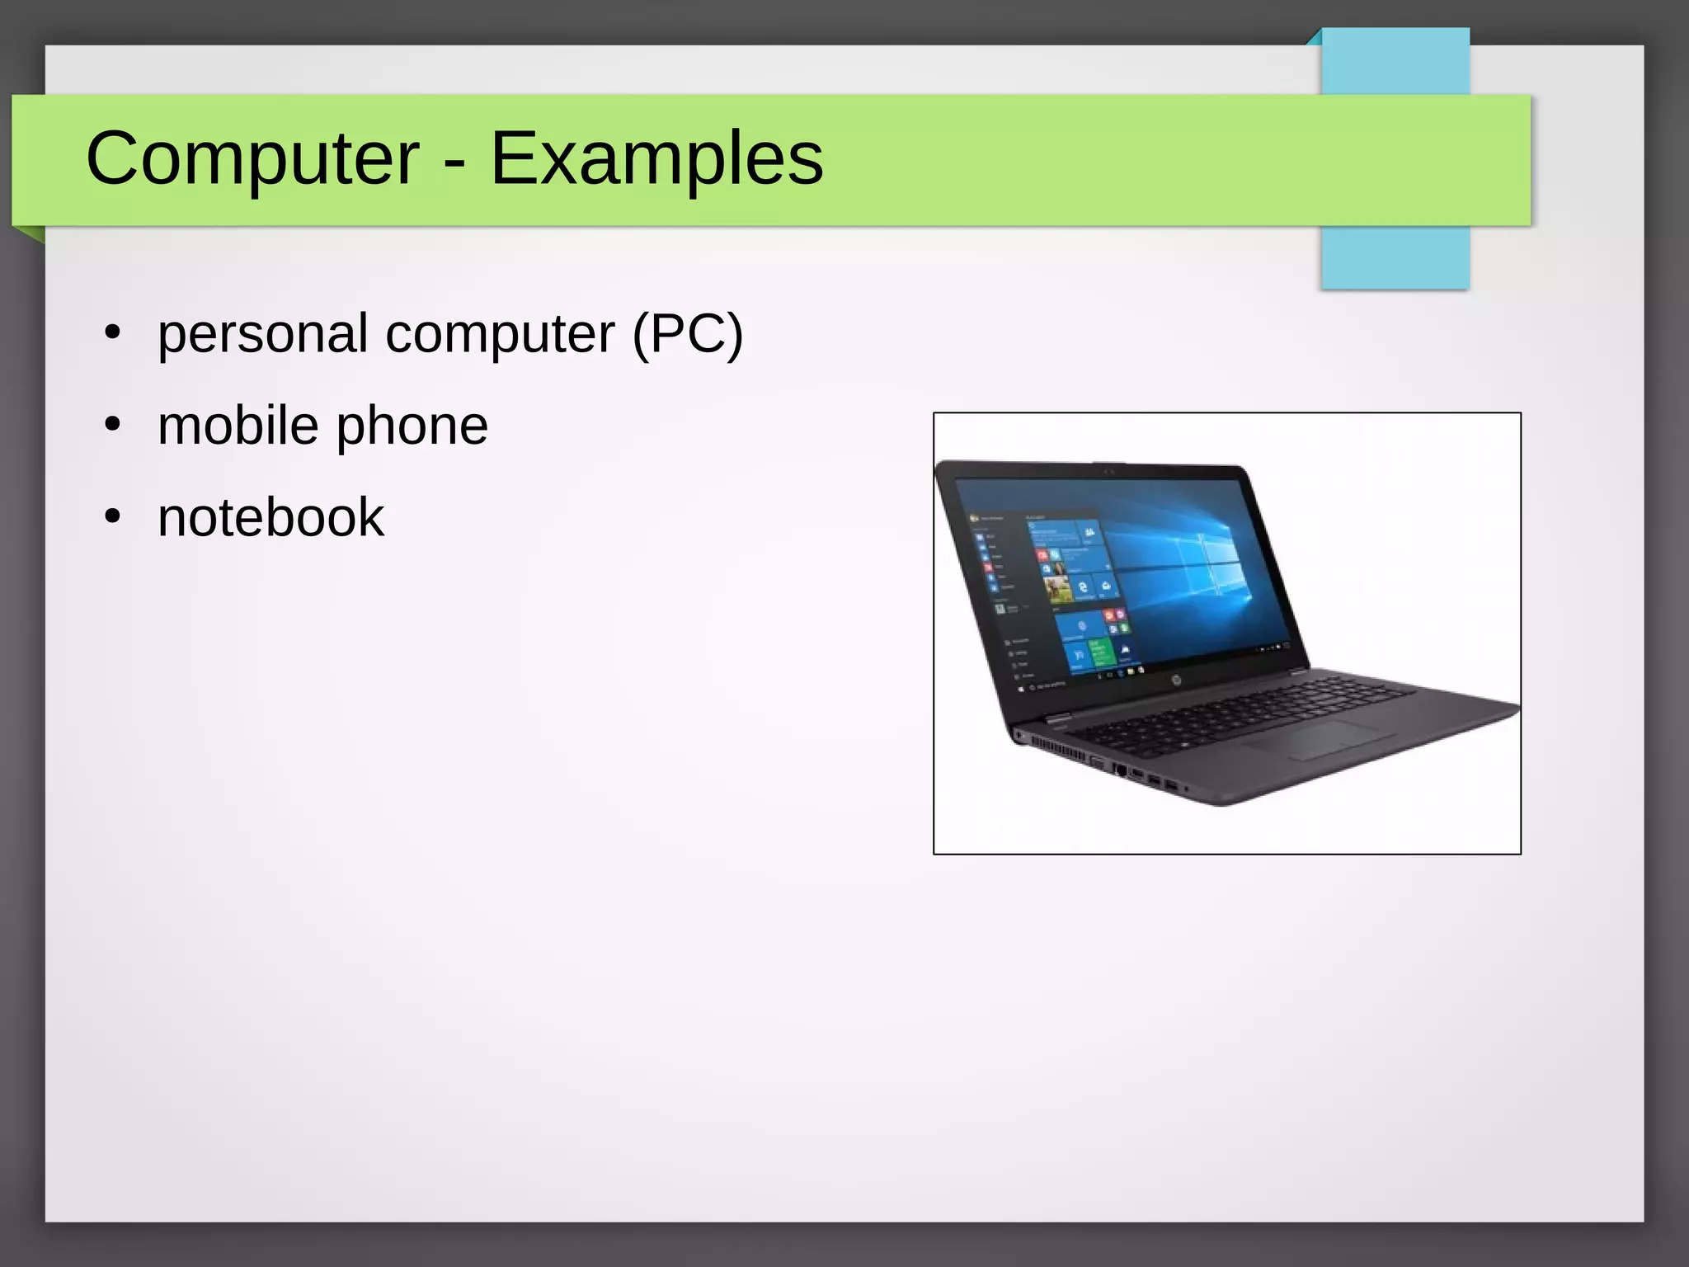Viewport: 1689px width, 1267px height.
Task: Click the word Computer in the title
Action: (x=252, y=158)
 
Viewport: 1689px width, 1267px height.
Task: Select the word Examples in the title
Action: (x=656, y=158)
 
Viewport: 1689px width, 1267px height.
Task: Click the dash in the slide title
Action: (x=454, y=160)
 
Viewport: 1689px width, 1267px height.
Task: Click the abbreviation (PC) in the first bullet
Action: (x=687, y=334)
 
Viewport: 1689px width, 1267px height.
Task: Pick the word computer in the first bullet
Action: (x=500, y=336)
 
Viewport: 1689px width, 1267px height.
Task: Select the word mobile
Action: (x=238, y=426)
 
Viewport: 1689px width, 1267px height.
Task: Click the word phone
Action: (x=412, y=427)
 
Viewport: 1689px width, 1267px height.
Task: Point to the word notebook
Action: (x=271, y=517)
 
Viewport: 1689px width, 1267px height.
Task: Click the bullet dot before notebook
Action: (x=113, y=517)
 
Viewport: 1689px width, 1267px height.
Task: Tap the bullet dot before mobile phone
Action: (x=113, y=426)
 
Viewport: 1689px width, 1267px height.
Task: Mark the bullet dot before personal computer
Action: (x=113, y=333)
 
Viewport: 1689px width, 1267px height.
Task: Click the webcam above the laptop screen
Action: (x=1108, y=471)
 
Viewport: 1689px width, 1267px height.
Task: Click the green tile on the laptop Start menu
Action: (x=1100, y=652)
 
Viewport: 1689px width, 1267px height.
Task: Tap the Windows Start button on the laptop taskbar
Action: (x=1022, y=688)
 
